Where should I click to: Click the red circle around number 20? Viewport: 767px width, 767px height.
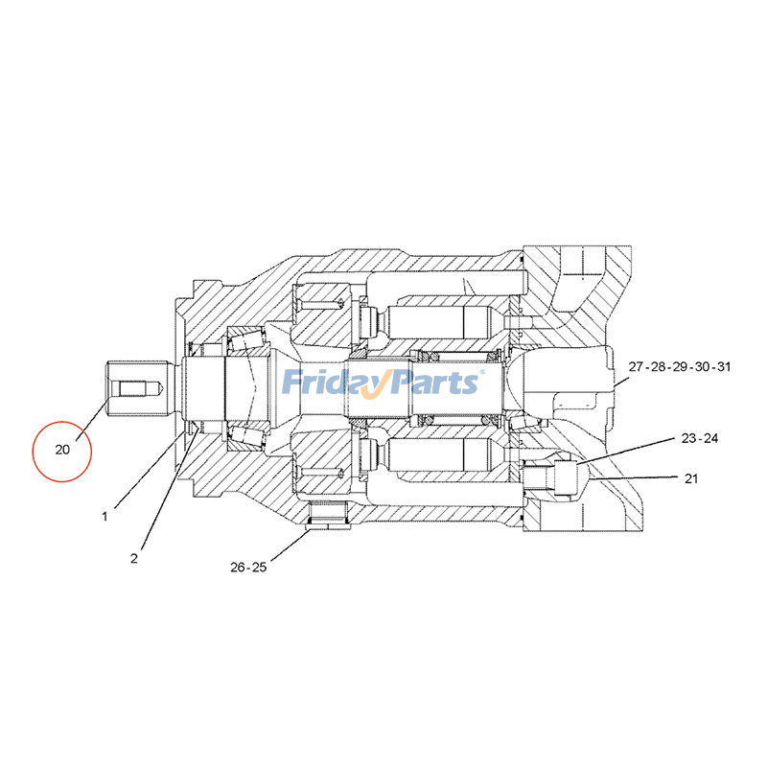coord(61,449)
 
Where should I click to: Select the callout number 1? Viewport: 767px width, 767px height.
coord(105,516)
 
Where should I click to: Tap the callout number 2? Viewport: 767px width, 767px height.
coord(134,557)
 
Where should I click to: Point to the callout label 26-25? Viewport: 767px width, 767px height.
coord(248,567)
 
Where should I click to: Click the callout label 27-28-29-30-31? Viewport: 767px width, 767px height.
coord(680,366)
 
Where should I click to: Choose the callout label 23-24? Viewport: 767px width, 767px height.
coord(700,438)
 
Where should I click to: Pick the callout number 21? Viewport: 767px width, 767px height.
coord(690,477)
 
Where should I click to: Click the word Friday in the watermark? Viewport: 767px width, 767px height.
coord(332,382)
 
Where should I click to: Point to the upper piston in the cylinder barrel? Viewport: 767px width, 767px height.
coord(441,327)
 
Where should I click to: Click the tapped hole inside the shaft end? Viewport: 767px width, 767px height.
coord(135,389)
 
